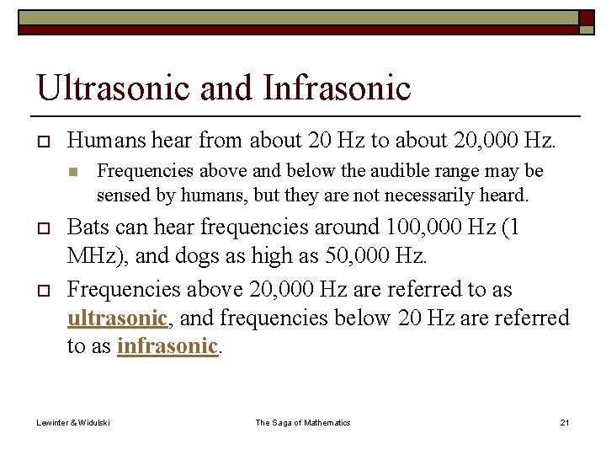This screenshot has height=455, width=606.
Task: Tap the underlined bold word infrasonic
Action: [x=167, y=347]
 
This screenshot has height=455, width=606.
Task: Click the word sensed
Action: [x=121, y=195]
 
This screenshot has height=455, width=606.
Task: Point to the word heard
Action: [x=503, y=195]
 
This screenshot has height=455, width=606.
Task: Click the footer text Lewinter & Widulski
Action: [x=72, y=422]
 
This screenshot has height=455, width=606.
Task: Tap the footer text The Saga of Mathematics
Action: [x=303, y=422]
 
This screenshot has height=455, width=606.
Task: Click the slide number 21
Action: [x=565, y=422]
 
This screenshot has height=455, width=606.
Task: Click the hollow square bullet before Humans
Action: [x=41, y=139]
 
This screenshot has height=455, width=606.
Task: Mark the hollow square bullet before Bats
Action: [x=41, y=228]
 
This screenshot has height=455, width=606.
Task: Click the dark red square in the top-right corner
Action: [x=586, y=18]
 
